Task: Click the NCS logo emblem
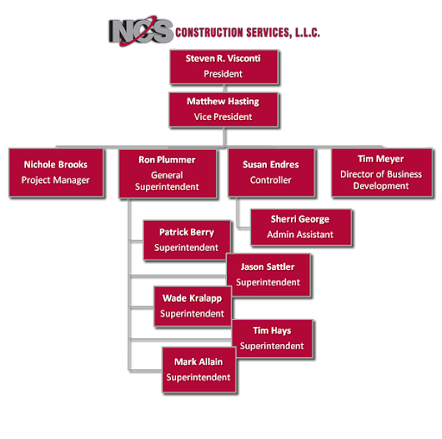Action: pos(141,31)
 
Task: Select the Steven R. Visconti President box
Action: pos(224,67)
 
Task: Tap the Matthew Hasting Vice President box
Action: pos(224,110)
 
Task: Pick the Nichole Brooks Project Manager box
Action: pos(56,172)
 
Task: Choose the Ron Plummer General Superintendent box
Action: pos(167,173)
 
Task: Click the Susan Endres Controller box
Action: pos(271,172)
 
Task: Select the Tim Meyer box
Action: pos(382,172)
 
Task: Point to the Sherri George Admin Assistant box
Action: pos(300,227)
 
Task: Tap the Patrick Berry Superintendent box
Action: pos(186,241)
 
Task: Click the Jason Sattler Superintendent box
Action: pos(268,275)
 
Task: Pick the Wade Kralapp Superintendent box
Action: pos(193,306)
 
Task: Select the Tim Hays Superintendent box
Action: pos(272,338)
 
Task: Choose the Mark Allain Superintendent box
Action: pos(199,370)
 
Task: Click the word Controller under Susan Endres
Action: pos(271,180)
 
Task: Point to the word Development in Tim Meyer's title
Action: pos(381,186)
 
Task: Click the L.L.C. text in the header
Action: pos(307,33)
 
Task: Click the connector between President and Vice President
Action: pos(224,89)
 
